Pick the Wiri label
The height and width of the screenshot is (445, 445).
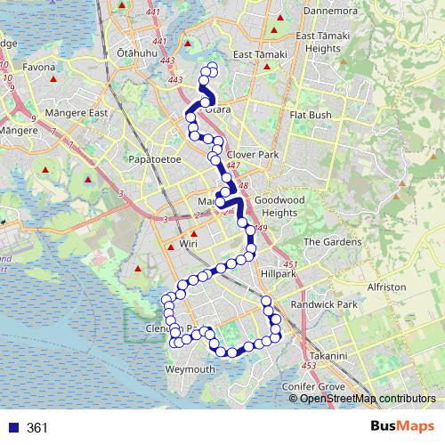[188, 241]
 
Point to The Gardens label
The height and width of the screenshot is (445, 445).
[333, 241]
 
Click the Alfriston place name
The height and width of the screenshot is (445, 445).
[385, 287]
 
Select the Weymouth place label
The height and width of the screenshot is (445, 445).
[190, 369]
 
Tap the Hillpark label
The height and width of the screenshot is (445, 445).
[279, 274]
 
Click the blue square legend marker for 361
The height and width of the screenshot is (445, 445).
[13, 427]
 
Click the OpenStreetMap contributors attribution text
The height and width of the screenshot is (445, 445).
[368, 398]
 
